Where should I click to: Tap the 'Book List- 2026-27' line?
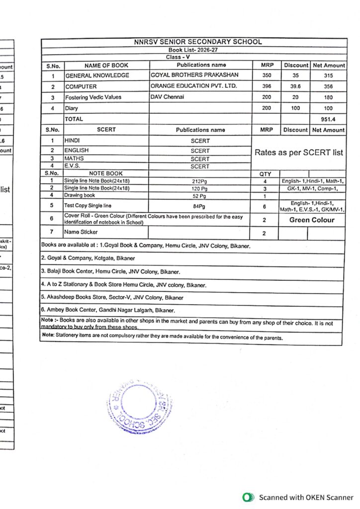click(193, 50)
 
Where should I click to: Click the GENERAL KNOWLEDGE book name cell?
click(97, 76)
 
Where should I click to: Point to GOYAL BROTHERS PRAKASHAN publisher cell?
click(194, 75)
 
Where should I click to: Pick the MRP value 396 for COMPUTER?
click(267, 86)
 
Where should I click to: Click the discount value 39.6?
click(296, 86)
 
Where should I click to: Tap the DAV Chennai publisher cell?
click(167, 97)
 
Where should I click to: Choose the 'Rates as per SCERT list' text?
click(299, 153)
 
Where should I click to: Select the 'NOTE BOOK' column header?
click(106, 173)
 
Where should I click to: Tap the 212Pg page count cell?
click(200, 181)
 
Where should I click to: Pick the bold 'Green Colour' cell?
click(312, 220)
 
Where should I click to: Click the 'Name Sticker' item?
click(81, 232)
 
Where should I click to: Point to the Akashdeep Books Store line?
click(112, 298)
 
